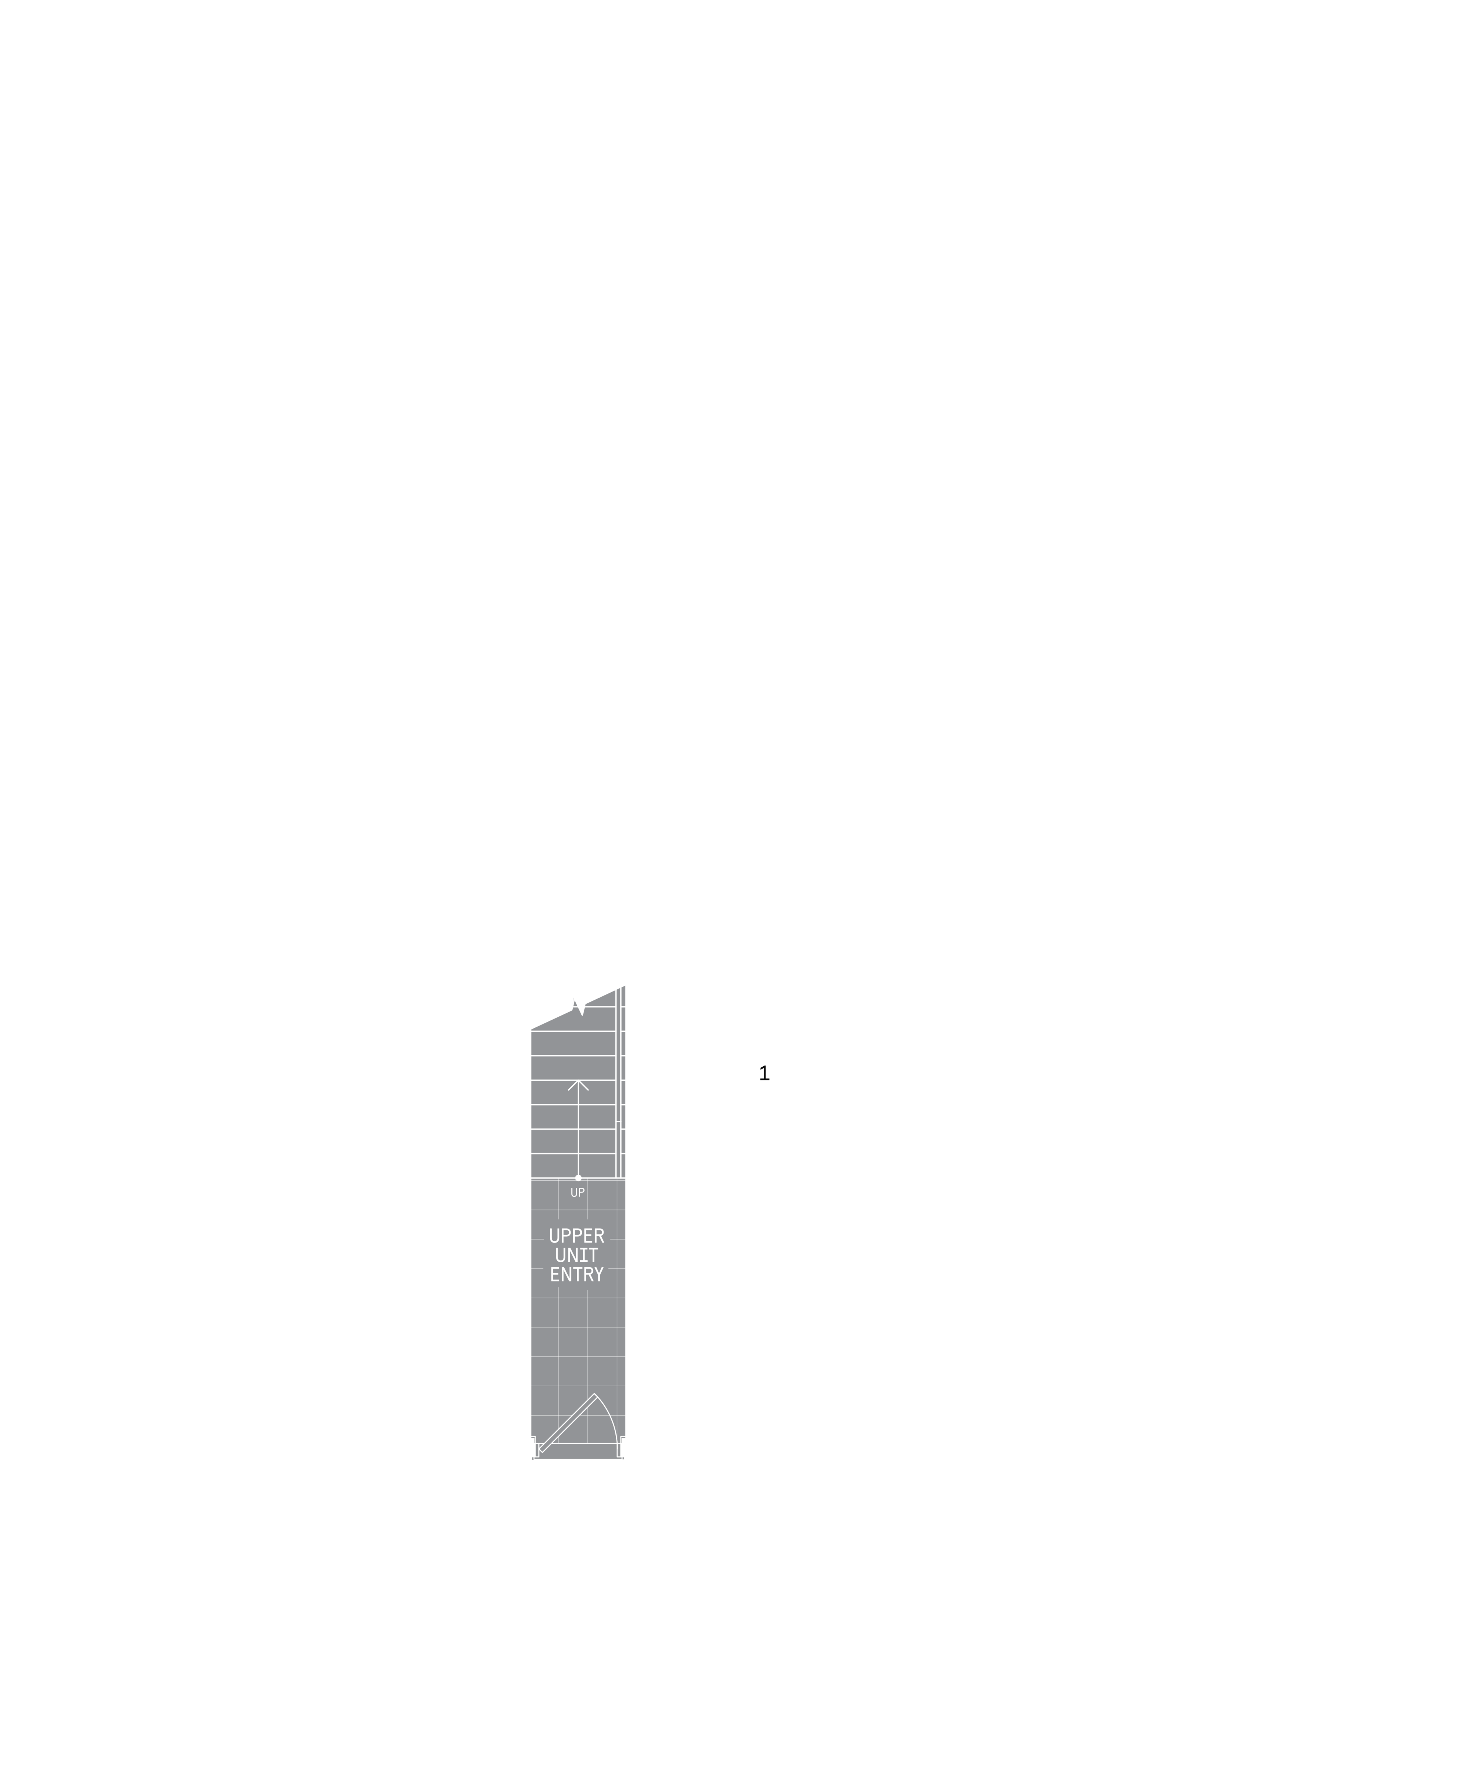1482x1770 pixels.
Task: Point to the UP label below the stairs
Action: pyautogui.click(x=578, y=1193)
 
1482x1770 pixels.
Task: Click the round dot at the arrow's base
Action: pyautogui.click(x=578, y=1177)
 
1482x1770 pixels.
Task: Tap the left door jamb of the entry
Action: pyautogui.click(x=535, y=1447)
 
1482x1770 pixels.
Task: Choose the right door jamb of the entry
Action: pyautogui.click(x=621, y=1447)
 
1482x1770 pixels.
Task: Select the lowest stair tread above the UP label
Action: pyautogui.click(x=573, y=1166)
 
